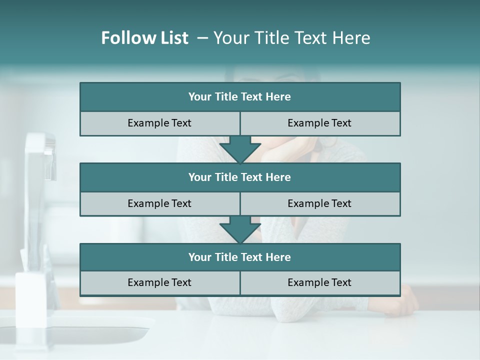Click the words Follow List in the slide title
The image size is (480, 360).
coord(144,38)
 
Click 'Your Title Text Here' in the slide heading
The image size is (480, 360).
coord(291,38)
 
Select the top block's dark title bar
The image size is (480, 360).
coord(240,97)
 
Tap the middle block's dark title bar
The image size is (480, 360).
coord(240,177)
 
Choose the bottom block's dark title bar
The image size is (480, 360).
coord(240,257)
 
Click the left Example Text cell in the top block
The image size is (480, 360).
coord(159,123)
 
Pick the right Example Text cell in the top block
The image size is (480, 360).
coord(319,123)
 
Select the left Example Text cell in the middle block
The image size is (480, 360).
coord(159,203)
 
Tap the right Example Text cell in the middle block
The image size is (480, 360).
coord(319,203)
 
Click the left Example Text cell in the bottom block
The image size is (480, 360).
coord(159,282)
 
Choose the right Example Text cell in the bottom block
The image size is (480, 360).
coord(319,282)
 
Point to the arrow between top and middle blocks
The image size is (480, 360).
coord(240,149)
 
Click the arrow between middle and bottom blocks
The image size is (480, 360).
coord(240,229)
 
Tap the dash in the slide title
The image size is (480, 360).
coord(202,38)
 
